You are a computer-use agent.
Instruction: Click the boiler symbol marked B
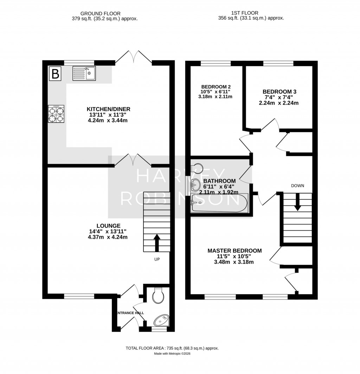pos(55,74)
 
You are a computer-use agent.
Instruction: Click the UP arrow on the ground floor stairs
pos(156,243)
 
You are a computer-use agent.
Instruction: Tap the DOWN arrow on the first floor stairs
pos(297,203)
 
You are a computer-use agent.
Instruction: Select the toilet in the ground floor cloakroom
pos(158,296)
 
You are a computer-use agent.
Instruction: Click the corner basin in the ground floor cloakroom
pos(162,320)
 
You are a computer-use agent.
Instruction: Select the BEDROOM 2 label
pos(216,87)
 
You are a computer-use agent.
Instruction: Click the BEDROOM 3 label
pos(278,91)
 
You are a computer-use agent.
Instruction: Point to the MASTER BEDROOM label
pos(234,251)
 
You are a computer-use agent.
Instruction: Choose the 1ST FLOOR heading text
pos(251,13)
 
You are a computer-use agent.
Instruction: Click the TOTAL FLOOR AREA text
pos(172,348)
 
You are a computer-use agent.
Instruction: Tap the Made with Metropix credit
pos(172,354)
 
